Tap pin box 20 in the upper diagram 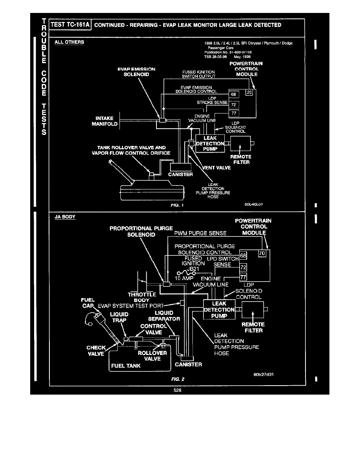[x=249, y=93]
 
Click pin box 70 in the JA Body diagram [x=262, y=254]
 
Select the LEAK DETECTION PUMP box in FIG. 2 [x=219, y=310]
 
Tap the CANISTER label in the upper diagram [x=181, y=174]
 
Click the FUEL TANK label [x=126, y=366]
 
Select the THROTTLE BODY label [x=142, y=297]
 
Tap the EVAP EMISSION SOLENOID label [x=136, y=72]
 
